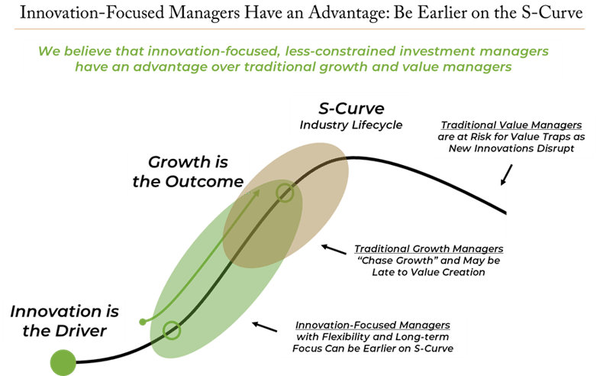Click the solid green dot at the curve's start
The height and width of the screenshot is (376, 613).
(x=63, y=363)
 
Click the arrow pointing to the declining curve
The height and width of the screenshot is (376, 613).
(x=506, y=174)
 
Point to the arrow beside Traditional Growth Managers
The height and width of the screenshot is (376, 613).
(x=334, y=249)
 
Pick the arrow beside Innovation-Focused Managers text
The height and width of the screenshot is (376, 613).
(x=265, y=326)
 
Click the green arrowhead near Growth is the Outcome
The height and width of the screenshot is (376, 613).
(x=256, y=193)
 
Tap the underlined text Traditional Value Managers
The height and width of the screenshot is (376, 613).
(x=511, y=125)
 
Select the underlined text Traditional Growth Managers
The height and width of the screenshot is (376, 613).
(x=428, y=249)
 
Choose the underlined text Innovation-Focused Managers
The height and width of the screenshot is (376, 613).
(x=373, y=325)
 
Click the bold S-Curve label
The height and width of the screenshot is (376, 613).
(x=351, y=109)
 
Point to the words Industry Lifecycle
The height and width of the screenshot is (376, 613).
(x=350, y=125)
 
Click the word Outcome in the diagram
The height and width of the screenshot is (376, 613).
(x=204, y=182)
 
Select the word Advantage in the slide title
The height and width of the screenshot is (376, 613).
(x=349, y=13)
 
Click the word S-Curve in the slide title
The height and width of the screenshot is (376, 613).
(x=552, y=13)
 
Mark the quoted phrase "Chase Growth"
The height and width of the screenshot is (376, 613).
(x=398, y=261)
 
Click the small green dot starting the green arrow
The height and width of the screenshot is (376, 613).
(x=143, y=322)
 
